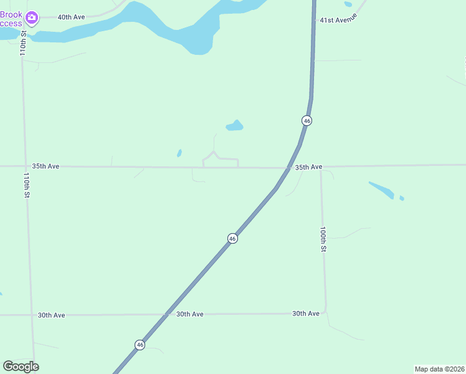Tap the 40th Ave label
click(71, 17)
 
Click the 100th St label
click(323, 239)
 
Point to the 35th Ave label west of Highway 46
click(45, 166)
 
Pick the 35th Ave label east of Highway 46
click(308, 167)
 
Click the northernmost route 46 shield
click(307, 120)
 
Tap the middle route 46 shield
click(232, 238)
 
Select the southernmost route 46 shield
click(140, 344)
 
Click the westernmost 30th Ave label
click(51, 315)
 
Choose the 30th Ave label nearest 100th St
click(306, 314)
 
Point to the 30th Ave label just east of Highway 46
click(189, 314)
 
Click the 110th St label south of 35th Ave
click(27, 186)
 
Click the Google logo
click(21, 367)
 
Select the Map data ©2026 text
click(439, 369)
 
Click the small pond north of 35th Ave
click(234, 126)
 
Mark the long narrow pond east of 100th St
click(381, 189)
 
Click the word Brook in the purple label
click(11, 14)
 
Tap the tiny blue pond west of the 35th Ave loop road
click(179, 153)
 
